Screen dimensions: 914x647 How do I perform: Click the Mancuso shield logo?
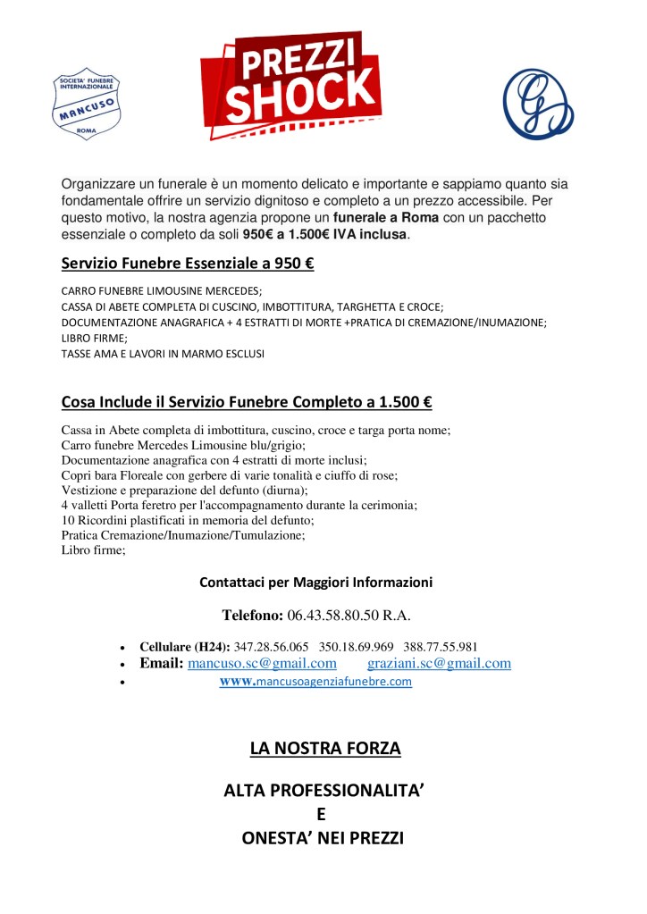click(x=87, y=103)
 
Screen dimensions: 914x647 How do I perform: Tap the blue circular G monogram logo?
click(x=538, y=103)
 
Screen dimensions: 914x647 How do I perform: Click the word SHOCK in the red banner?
click(x=300, y=93)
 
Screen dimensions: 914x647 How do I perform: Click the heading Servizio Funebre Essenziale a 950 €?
click(x=188, y=264)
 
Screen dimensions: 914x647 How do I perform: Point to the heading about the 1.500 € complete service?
click(x=247, y=402)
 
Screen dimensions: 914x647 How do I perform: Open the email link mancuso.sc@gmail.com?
click(x=262, y=663)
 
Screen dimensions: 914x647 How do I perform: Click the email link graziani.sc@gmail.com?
click(x=439, y=663)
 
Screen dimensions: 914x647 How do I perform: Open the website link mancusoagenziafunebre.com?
click(x=316, y=682)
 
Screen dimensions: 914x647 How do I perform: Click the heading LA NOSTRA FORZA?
click(x=324, y=748)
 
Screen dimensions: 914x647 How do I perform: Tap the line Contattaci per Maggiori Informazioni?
click(x=316, y=583)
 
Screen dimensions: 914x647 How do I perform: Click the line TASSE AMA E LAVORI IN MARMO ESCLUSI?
click(x=163, y=354)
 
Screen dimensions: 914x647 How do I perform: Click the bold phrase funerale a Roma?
click(x=386, y=217)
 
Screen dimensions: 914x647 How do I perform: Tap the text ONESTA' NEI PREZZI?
click(x=323, y=838)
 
